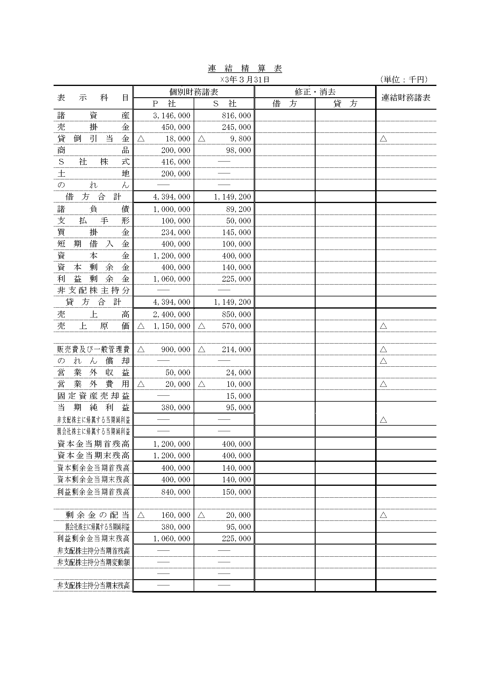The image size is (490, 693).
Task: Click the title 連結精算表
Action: point(245,68)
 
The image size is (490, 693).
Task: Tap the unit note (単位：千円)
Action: point(404,79)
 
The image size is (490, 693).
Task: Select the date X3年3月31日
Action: point(245,79)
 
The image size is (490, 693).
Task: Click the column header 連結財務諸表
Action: point(406,98)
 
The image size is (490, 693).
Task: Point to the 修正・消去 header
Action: point(315,92)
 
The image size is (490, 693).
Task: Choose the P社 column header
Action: point(164,104)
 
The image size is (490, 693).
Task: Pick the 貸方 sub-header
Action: point(345,104)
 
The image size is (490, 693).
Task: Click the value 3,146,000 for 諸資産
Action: point(172,115)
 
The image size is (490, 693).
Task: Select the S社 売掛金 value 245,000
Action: point(236,127)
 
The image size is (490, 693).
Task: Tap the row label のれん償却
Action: point(93,361)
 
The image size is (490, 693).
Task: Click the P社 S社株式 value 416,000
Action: point(176,162)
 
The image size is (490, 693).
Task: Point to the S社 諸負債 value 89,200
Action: point(238,209)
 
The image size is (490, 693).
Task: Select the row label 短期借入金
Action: point(93,244)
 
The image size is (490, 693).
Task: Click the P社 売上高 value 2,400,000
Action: point(172,314)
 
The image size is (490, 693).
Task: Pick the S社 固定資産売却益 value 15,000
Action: point(238,396)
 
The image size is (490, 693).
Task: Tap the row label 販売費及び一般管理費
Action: point(93,349)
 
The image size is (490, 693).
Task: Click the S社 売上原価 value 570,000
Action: point(236,326)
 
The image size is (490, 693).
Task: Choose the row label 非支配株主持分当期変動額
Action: point(93,563)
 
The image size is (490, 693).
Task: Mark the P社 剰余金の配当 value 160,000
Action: point(176,515)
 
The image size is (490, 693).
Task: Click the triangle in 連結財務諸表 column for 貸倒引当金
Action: point(383,139)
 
